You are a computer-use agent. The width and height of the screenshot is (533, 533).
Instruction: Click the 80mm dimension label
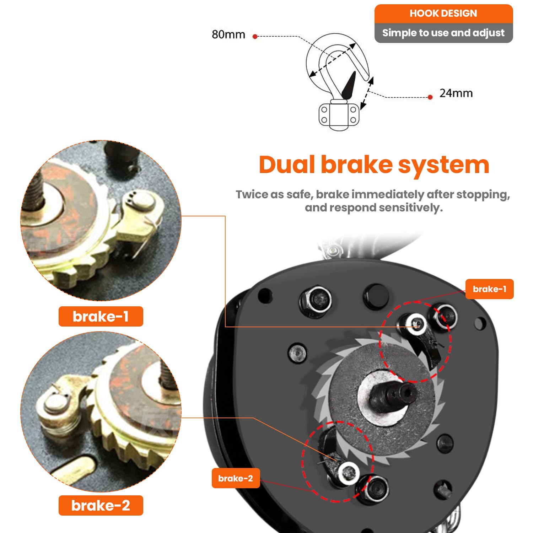coord(228,34)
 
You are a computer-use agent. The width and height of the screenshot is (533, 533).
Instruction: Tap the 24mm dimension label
coord(456,93)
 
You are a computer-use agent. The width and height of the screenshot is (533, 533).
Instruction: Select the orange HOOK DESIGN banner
coord(443,14)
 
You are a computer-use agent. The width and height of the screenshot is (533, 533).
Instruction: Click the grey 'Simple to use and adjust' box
coord(443,33)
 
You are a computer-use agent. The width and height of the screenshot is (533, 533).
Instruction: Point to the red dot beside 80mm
coord(255,36)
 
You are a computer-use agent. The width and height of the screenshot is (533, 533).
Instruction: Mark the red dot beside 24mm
coord(430,97)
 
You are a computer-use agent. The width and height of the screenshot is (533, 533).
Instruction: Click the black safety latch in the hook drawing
coord(349,85)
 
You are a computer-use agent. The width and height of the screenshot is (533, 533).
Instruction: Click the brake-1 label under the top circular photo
coord(101,316)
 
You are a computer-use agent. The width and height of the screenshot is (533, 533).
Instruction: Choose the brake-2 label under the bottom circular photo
coord(101,505)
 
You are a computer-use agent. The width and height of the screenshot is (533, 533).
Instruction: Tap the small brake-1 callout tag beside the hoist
coord(489,289)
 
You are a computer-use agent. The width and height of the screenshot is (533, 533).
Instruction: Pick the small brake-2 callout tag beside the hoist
coord(236,478)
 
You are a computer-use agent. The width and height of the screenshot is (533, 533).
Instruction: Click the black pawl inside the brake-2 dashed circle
coord(329,448)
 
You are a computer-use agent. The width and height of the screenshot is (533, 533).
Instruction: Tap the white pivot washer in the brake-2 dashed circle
coord(348,473)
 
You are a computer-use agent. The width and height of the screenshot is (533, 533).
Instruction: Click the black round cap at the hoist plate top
coord(376,296)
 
